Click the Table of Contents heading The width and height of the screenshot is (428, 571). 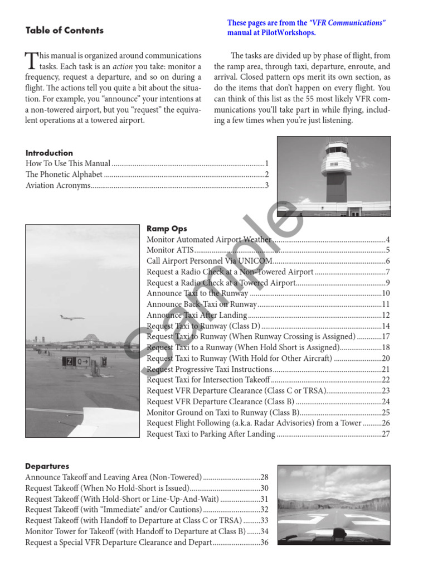point(65,31)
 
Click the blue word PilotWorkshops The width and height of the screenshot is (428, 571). point(289,33)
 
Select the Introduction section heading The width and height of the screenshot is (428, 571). point(49,153)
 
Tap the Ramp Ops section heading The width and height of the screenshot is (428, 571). point(167,229)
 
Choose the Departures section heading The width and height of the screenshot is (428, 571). point(47,466)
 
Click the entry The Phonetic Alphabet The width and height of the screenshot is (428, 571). point(64,175)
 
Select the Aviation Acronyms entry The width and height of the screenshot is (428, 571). point(58,186)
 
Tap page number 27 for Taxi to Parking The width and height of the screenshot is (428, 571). point(385,434)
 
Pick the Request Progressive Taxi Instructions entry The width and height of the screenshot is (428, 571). point(209,369)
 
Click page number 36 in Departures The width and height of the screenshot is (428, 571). point(264,542)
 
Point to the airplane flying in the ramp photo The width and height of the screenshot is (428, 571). point(71,318)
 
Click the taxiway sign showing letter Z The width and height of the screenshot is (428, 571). point(69,361)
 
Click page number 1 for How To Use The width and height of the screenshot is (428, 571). point(267,164)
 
